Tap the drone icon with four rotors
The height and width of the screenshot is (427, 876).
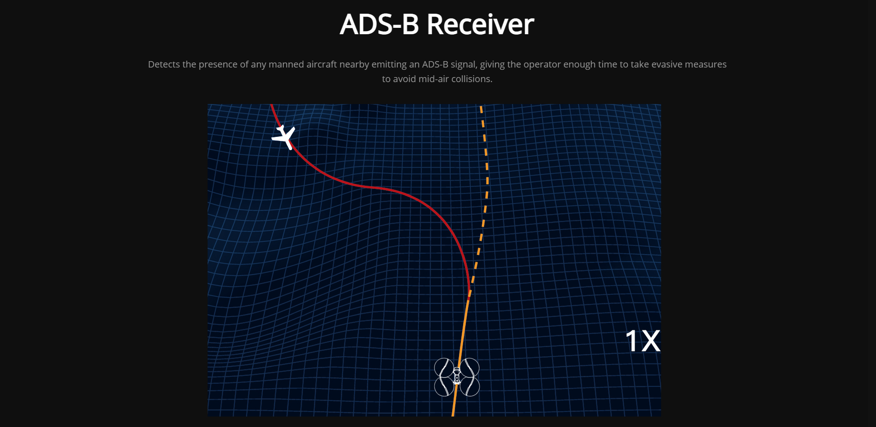tap(457, 377)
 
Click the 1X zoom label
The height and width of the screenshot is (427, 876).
tap(643, 341)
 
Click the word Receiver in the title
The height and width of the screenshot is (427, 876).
tap(480, 24)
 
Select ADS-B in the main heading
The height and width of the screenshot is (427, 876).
tap(379, 24)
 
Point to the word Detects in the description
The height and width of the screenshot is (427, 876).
tap(164, 64)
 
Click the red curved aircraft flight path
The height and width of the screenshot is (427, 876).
tap(372, 187)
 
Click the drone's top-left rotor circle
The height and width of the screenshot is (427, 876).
tap(444, 368)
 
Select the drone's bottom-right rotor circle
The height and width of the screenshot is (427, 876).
tap(470, 387)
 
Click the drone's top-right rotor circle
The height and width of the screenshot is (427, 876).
tap(469, 368)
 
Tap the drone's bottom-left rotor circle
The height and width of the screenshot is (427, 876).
tap(444, 387)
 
